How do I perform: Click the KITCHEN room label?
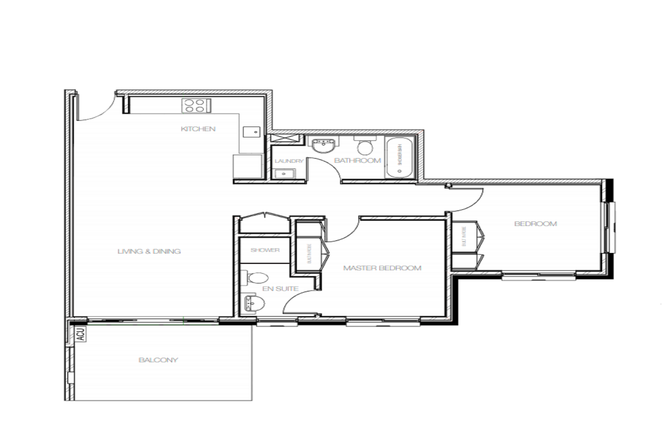tap(198, 129)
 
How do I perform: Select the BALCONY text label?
tap(158, 360)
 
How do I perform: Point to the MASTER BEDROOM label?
tap(382, 268)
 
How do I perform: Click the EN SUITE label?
tap(280, 289)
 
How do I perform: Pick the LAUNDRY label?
tap(289, 161)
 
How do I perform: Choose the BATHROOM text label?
tap(357, 160)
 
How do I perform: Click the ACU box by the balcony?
tap(81, 334)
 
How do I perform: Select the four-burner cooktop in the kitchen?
tap(196, 105)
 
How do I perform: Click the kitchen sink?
tap(251, 132)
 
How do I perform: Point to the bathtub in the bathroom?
tap(400, 158)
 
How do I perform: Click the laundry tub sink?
tap(284, 174)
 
